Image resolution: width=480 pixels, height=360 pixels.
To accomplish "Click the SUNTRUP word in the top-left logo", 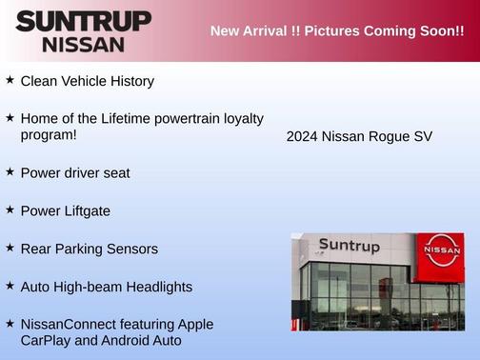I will pyautogui.click(x=83, y=21).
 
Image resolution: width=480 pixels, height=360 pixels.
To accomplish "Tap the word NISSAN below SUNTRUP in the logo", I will pyautogui.click(x=83, y=44).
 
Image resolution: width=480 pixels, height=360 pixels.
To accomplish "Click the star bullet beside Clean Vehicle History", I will pyautogui.click(x=10, y=80).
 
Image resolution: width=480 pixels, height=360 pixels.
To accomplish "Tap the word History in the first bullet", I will pyautogui.click(x=130, y=82).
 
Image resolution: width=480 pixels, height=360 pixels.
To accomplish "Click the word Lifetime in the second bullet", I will pyautogui.click(x=137, y=118).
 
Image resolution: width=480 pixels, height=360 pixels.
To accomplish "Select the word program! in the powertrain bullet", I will pyautogui.click(x=48, y=135).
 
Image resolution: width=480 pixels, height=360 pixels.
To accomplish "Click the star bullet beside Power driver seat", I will pyautogui.click(x=10, y=171).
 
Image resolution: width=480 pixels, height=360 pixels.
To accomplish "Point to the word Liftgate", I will pyautogui.click(x=85, y=210).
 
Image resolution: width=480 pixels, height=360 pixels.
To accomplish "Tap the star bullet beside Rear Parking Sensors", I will pyautogui.click(x=10, y=248).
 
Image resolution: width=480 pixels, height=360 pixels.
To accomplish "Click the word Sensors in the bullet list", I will pyautogui.click(x=131, y=249).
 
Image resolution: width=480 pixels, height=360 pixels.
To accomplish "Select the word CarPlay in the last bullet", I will pyautogui.click(x=48, y=340).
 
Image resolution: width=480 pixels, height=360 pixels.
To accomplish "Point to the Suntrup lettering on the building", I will pyautogui.click(x=349, y=247).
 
